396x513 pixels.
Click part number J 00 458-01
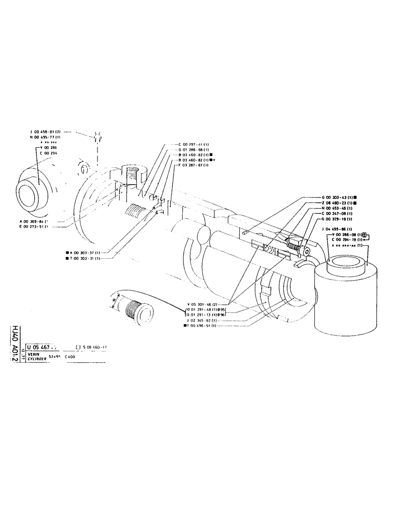(46, 132)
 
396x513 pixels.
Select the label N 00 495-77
(46, 137)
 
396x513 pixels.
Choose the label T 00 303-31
(84, 258)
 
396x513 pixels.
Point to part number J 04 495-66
(336, 229)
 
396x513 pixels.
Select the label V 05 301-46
(204, 304)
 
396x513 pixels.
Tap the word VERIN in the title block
(34, 354)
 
